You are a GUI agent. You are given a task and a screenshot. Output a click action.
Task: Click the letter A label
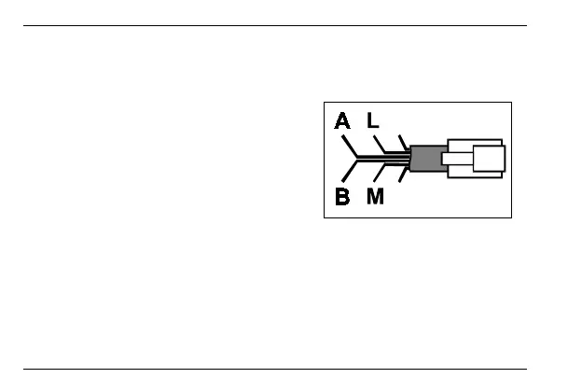(343, 121)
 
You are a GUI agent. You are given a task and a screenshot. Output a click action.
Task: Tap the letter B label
(343, 198)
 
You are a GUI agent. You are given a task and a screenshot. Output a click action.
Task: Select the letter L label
(374, 121)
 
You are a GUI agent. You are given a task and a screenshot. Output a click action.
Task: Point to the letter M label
(376, 198)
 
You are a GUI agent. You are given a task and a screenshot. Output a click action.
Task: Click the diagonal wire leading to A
(351, 147)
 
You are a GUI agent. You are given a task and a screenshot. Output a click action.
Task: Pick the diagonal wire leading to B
(351, 170)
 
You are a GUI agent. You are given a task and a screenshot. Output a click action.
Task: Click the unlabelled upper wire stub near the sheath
(402, 141)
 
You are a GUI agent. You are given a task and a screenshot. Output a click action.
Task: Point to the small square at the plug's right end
(490, 159)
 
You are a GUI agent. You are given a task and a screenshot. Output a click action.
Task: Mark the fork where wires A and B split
(359, 159)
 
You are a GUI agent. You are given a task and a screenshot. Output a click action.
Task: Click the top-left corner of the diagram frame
(325, 102)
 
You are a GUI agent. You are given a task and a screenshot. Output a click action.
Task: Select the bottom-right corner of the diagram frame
(512, 218)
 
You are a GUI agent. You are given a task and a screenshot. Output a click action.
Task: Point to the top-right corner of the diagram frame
(512, 102)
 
